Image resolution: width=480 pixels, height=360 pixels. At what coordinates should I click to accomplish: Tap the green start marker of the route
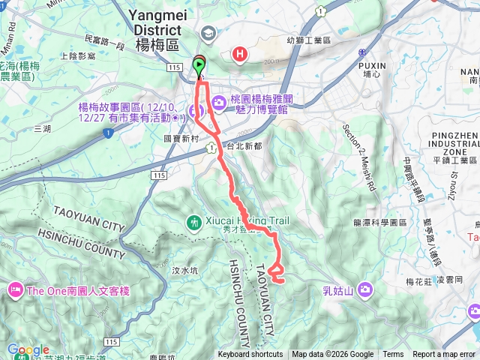point(199,66)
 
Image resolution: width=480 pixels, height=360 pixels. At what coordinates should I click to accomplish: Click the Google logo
point(28,350)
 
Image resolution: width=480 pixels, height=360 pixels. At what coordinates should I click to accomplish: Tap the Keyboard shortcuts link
point(250,355)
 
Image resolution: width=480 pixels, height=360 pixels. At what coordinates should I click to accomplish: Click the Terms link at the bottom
point(393,355)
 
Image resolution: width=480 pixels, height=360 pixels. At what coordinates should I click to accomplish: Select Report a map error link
point(444,355)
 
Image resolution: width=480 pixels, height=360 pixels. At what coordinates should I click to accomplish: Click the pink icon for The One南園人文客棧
point(15,289)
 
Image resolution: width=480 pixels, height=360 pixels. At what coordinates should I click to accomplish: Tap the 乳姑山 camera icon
point(365,289)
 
